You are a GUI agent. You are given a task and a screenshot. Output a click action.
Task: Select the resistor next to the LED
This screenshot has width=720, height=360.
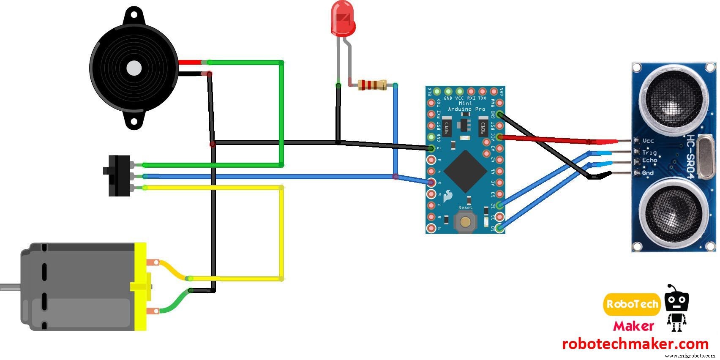(372, 85)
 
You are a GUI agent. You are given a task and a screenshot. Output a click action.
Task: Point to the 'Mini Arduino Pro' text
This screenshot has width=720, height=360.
(466, 106)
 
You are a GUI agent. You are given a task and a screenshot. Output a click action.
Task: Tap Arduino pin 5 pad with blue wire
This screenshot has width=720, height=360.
(431, 183)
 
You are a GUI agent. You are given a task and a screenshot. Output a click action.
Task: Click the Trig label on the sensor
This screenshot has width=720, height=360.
(649, 152)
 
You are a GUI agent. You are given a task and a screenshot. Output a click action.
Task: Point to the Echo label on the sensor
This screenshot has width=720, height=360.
(649, 161)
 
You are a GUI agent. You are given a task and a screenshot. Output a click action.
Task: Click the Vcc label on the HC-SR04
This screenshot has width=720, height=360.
(648, 141)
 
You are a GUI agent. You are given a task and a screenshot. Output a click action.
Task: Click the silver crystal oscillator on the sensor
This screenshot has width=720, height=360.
(704, 156)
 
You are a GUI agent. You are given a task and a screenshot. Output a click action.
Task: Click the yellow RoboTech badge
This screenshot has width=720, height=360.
(632, 304)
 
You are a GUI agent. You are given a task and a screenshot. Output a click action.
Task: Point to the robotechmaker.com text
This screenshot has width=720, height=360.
(635, 344)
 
